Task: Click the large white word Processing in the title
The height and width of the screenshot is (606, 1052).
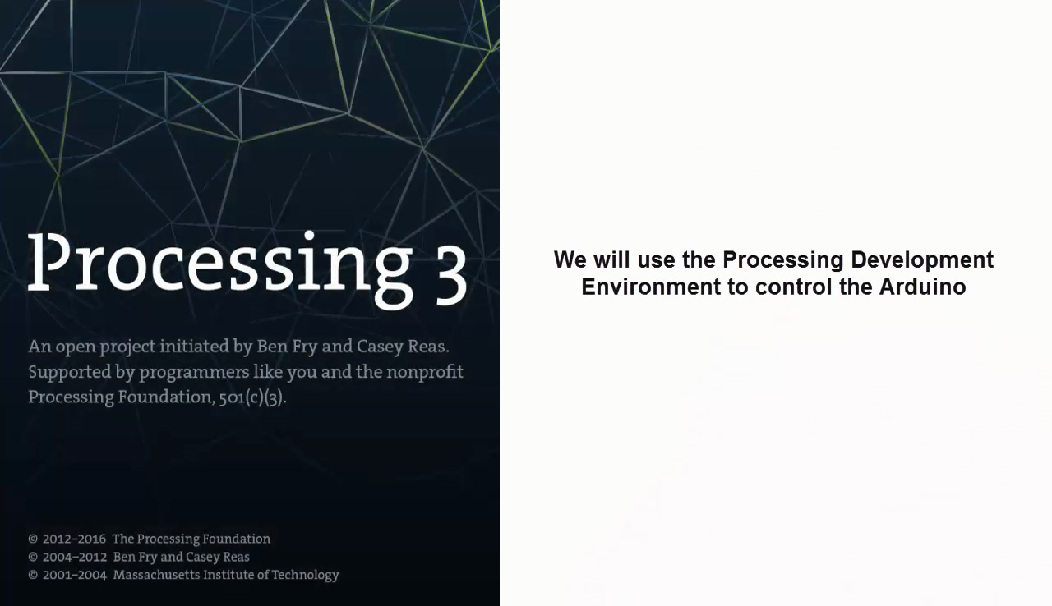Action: tap(219, 264)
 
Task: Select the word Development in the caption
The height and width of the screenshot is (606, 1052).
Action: tap(922, 259)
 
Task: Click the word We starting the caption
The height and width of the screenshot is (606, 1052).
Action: tap(570, 259)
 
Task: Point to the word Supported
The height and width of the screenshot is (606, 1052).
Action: tap(68, 373)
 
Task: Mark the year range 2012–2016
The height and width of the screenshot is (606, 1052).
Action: tap(74, 539)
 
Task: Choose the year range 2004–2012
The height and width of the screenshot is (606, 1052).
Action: tap(74, 558)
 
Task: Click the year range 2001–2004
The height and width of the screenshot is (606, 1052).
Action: tap(74, 576)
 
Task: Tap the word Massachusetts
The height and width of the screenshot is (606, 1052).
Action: tap(155, 576)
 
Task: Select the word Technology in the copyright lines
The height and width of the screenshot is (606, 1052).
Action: tap(305, 576)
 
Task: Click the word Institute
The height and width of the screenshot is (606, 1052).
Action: tap(228, 576)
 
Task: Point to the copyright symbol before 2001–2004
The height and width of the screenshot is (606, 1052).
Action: tap(33, 576)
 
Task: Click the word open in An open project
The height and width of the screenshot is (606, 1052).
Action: tap(74, 347)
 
